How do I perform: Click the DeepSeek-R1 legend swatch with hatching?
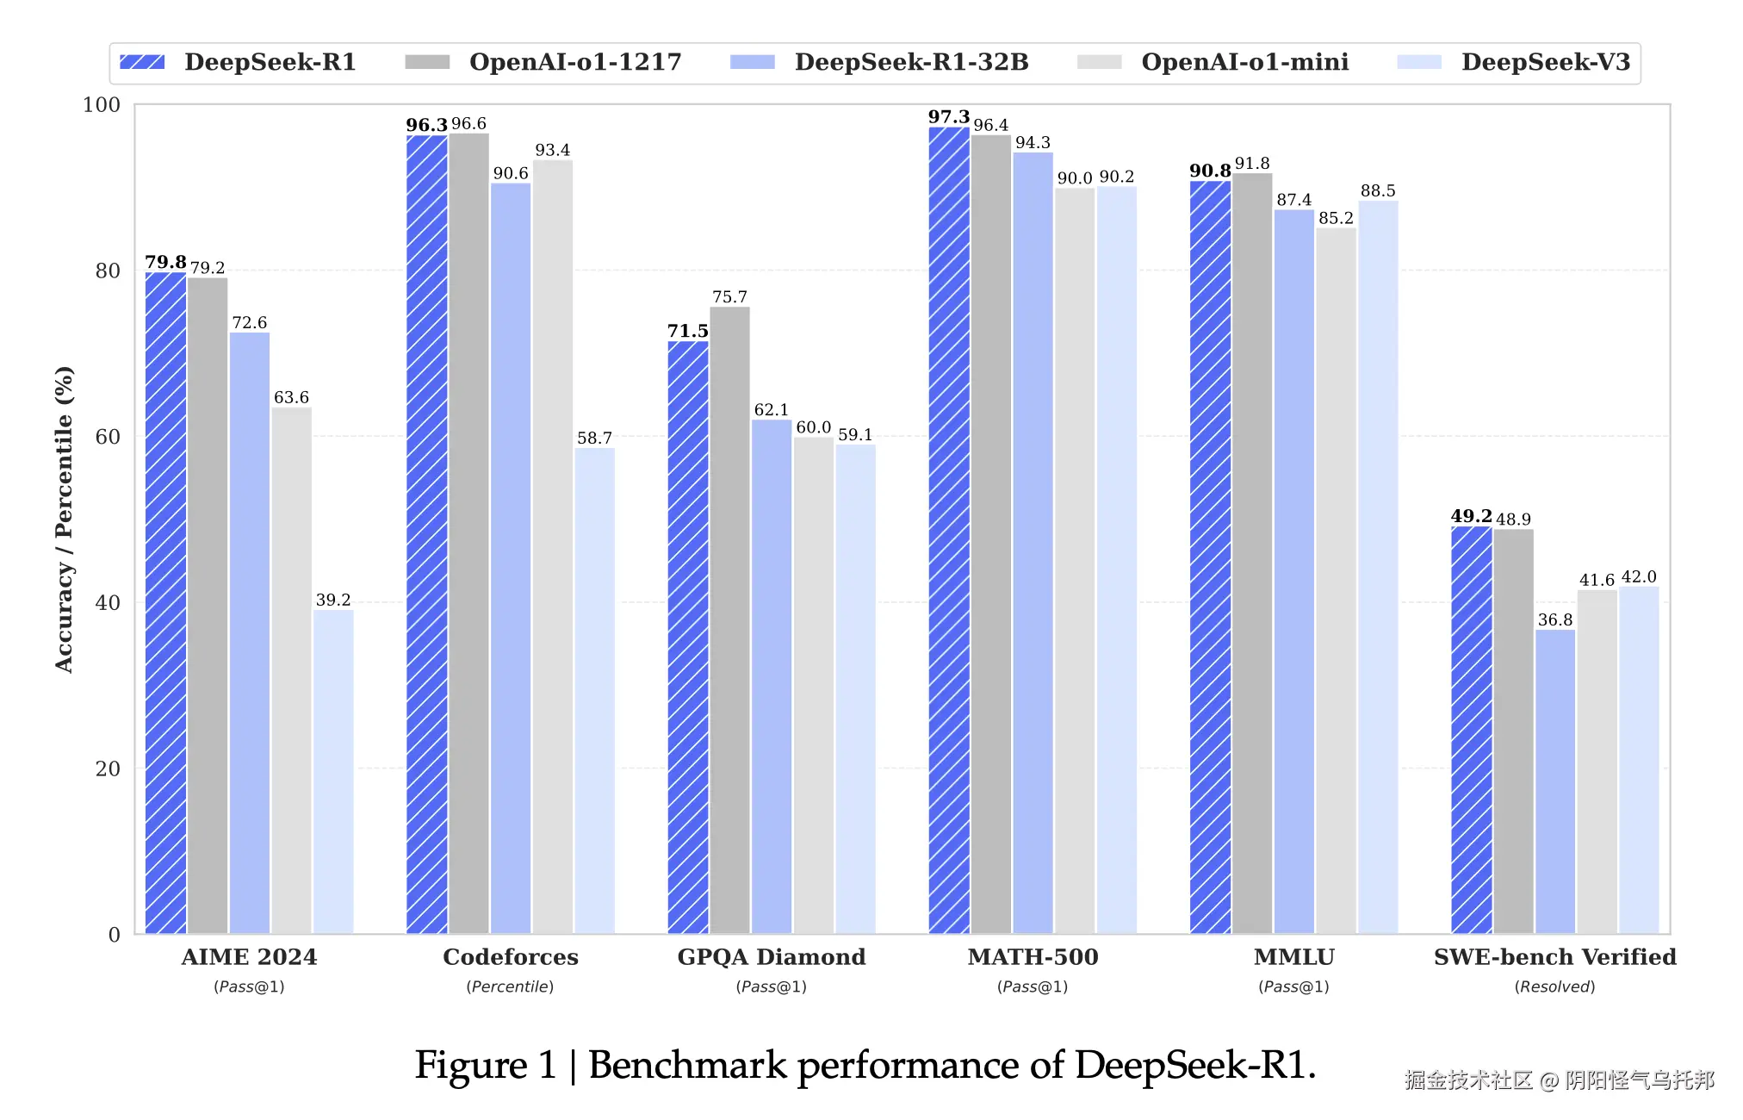coord(142,62)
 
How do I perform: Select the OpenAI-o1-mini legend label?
coord(1244,62)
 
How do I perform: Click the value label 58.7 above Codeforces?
coord(594,438)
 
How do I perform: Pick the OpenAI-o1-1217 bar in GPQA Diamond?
coord(729,620)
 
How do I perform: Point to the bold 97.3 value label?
coord(948,117)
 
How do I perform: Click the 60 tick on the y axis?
coord(108,437)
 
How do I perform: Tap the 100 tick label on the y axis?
coord(102,105)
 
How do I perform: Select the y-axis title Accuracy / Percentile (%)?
coord(65,520)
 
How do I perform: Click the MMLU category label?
coord(1293,957)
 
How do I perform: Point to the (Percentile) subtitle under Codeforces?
coord(510,986)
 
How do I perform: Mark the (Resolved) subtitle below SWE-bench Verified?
coord(1554,986)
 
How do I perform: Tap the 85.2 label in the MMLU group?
coord(1336,218)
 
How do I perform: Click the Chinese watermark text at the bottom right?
coord(1559,1080)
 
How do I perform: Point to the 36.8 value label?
coord(1555,619)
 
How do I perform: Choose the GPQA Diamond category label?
coord(772,957)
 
